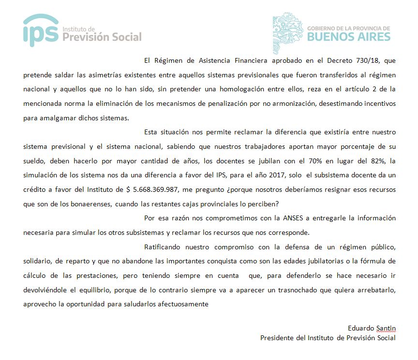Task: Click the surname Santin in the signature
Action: pos(385,329)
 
